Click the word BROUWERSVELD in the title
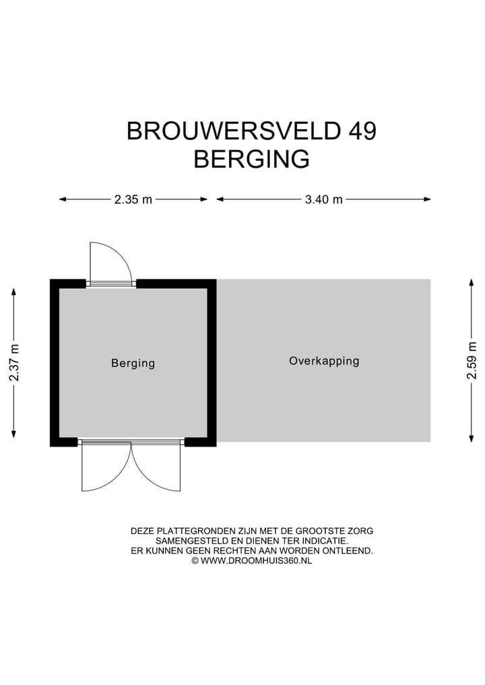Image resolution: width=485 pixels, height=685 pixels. point(234,131)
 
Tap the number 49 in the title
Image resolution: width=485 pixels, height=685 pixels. point(362,131)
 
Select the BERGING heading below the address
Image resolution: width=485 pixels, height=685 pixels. point(251,160)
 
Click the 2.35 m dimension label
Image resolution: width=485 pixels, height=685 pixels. point(133,199)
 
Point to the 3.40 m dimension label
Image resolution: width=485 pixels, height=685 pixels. point(324,199)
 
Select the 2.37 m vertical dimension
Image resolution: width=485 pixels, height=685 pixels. point(14,362)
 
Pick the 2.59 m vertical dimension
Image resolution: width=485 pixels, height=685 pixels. point(472,361)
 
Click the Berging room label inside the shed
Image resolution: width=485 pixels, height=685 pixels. point(133,363)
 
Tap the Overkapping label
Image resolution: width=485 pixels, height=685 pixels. point(324,361)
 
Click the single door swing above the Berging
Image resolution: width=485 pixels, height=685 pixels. point(108,261)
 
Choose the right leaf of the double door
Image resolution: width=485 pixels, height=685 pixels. point(160,467)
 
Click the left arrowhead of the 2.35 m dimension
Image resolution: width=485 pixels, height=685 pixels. point(62,199)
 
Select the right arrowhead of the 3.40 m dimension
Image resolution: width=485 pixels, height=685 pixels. point(427,199)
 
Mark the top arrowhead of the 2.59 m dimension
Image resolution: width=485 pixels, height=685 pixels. point(472,283)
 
